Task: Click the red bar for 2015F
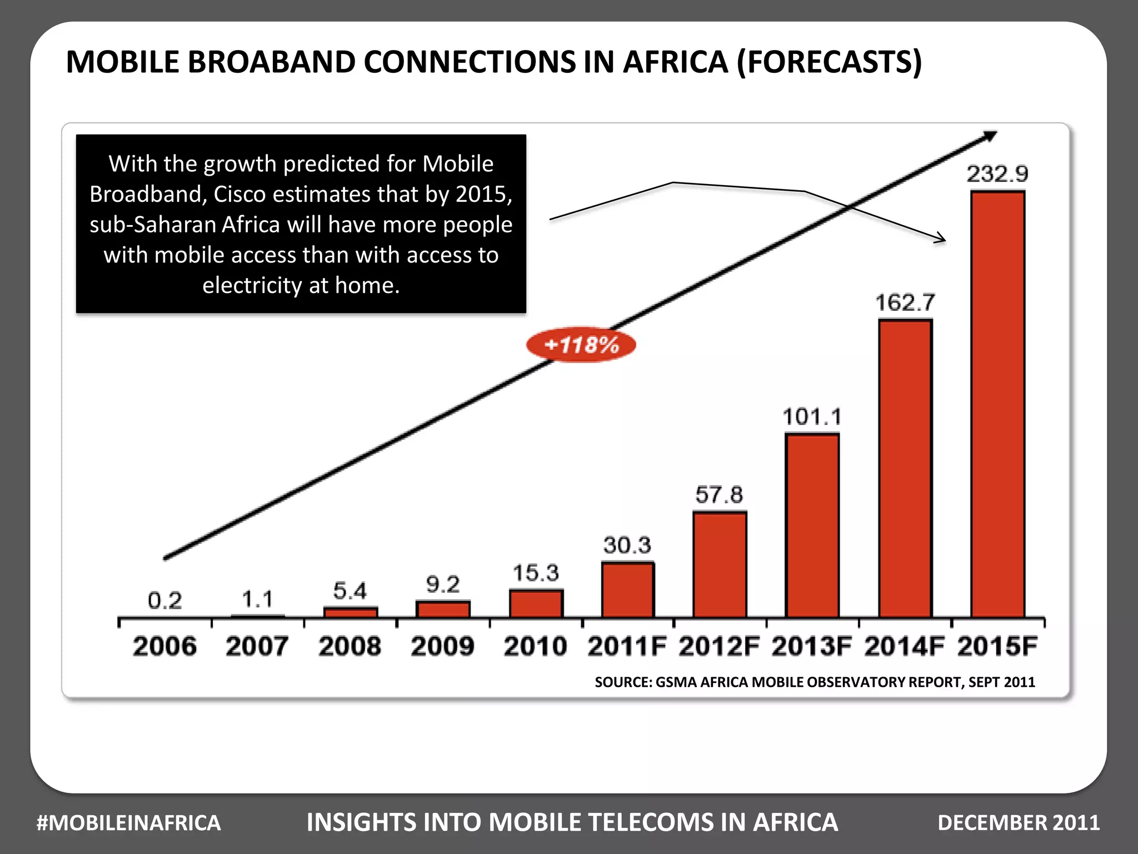coord(997,404)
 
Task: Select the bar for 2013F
coord(812,525)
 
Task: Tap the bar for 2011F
coord(627,590)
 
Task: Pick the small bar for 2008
coord(351,612)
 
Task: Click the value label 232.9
coord(997,174)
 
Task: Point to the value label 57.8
coord(718,494)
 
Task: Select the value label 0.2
coord(164,600)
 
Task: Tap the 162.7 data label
coord(905,302)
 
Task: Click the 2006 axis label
coord(164,647)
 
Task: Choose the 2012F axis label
coord(718,647)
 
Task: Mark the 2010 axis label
coord(535,647)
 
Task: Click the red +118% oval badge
coord(581,345)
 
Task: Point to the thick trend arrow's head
coord(992,135)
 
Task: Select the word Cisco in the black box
coord(242,194)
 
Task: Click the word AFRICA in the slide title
coord(675,62)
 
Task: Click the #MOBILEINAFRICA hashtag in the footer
coord(128,823)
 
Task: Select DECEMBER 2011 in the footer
coord(1019,823)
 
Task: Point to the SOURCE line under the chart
coord(815,682)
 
